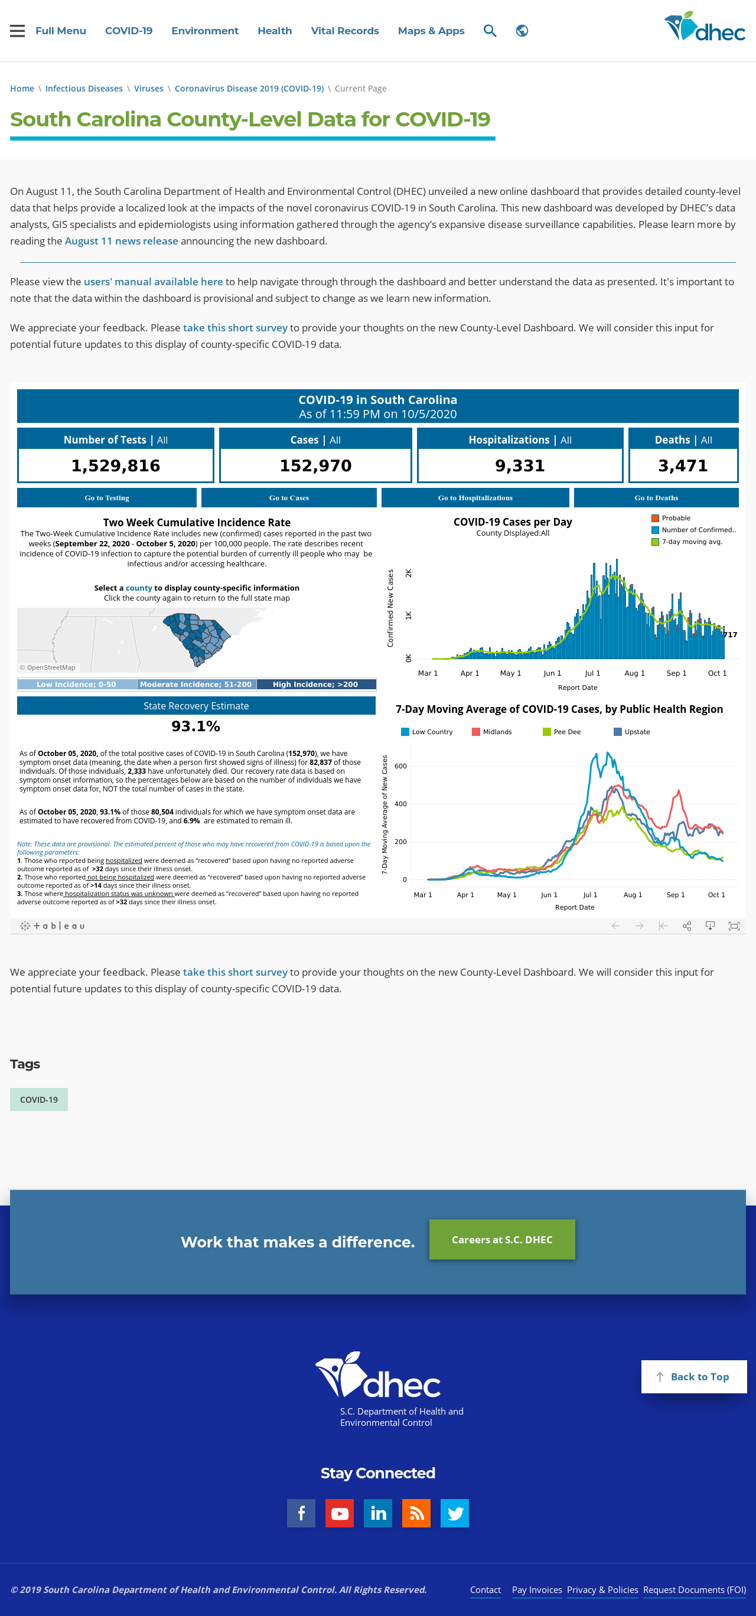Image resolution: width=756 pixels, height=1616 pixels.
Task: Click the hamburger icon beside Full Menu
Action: pos(18,31)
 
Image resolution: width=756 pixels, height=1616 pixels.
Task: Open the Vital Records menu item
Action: pos(344,31)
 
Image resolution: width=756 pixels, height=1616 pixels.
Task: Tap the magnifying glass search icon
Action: pos(490,31)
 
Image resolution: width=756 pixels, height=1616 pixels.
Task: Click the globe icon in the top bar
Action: pos(522,31)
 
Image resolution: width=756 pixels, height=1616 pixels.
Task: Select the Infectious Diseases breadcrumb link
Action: pos(84,89)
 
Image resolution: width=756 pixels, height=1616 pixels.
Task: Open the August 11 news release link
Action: pos(121,241)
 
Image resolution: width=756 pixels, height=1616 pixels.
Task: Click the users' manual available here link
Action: pos(153,282)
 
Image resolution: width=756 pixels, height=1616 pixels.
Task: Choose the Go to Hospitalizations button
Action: pos(475,497)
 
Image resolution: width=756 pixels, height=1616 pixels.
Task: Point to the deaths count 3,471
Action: pos(683,465)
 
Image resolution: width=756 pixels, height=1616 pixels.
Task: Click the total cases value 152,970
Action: pos(315,465)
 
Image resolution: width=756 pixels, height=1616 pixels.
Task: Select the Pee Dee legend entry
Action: pos(562,731)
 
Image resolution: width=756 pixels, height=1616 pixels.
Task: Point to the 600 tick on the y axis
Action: pos(400,766)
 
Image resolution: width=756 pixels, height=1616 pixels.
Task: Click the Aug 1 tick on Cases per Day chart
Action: pos(634,673)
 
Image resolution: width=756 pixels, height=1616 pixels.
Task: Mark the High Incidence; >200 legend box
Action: pos(315,685)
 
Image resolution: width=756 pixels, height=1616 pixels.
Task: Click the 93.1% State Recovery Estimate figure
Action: pos(195,726)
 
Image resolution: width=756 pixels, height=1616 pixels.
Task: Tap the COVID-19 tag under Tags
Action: pos(39,1100)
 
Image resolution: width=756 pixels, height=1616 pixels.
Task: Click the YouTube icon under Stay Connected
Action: pos(340,1513)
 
